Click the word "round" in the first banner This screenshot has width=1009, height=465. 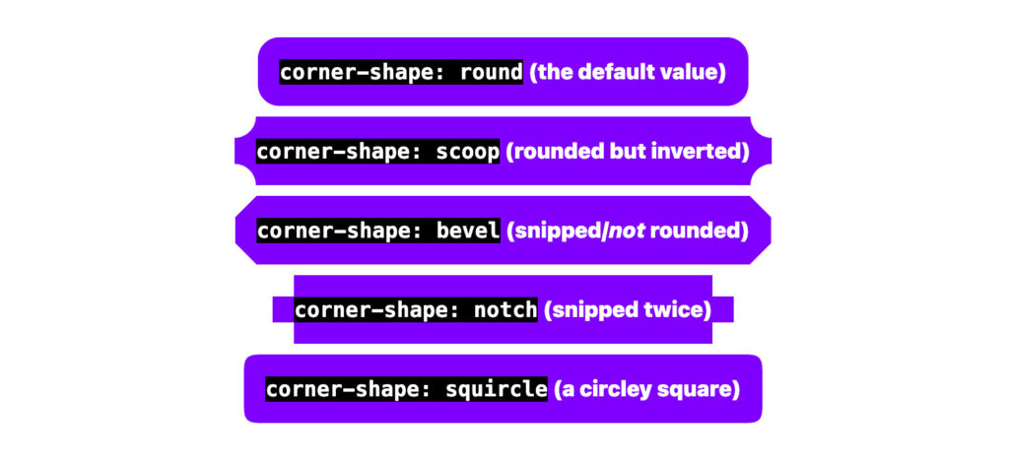coord(491,72)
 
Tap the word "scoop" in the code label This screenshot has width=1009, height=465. coord(467,152)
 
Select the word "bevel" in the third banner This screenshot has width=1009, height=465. coord(467,231)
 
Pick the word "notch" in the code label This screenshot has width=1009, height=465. coord(504,310)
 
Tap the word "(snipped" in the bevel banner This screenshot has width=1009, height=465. coord(554,232)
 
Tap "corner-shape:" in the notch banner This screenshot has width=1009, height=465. coord(378,310)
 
